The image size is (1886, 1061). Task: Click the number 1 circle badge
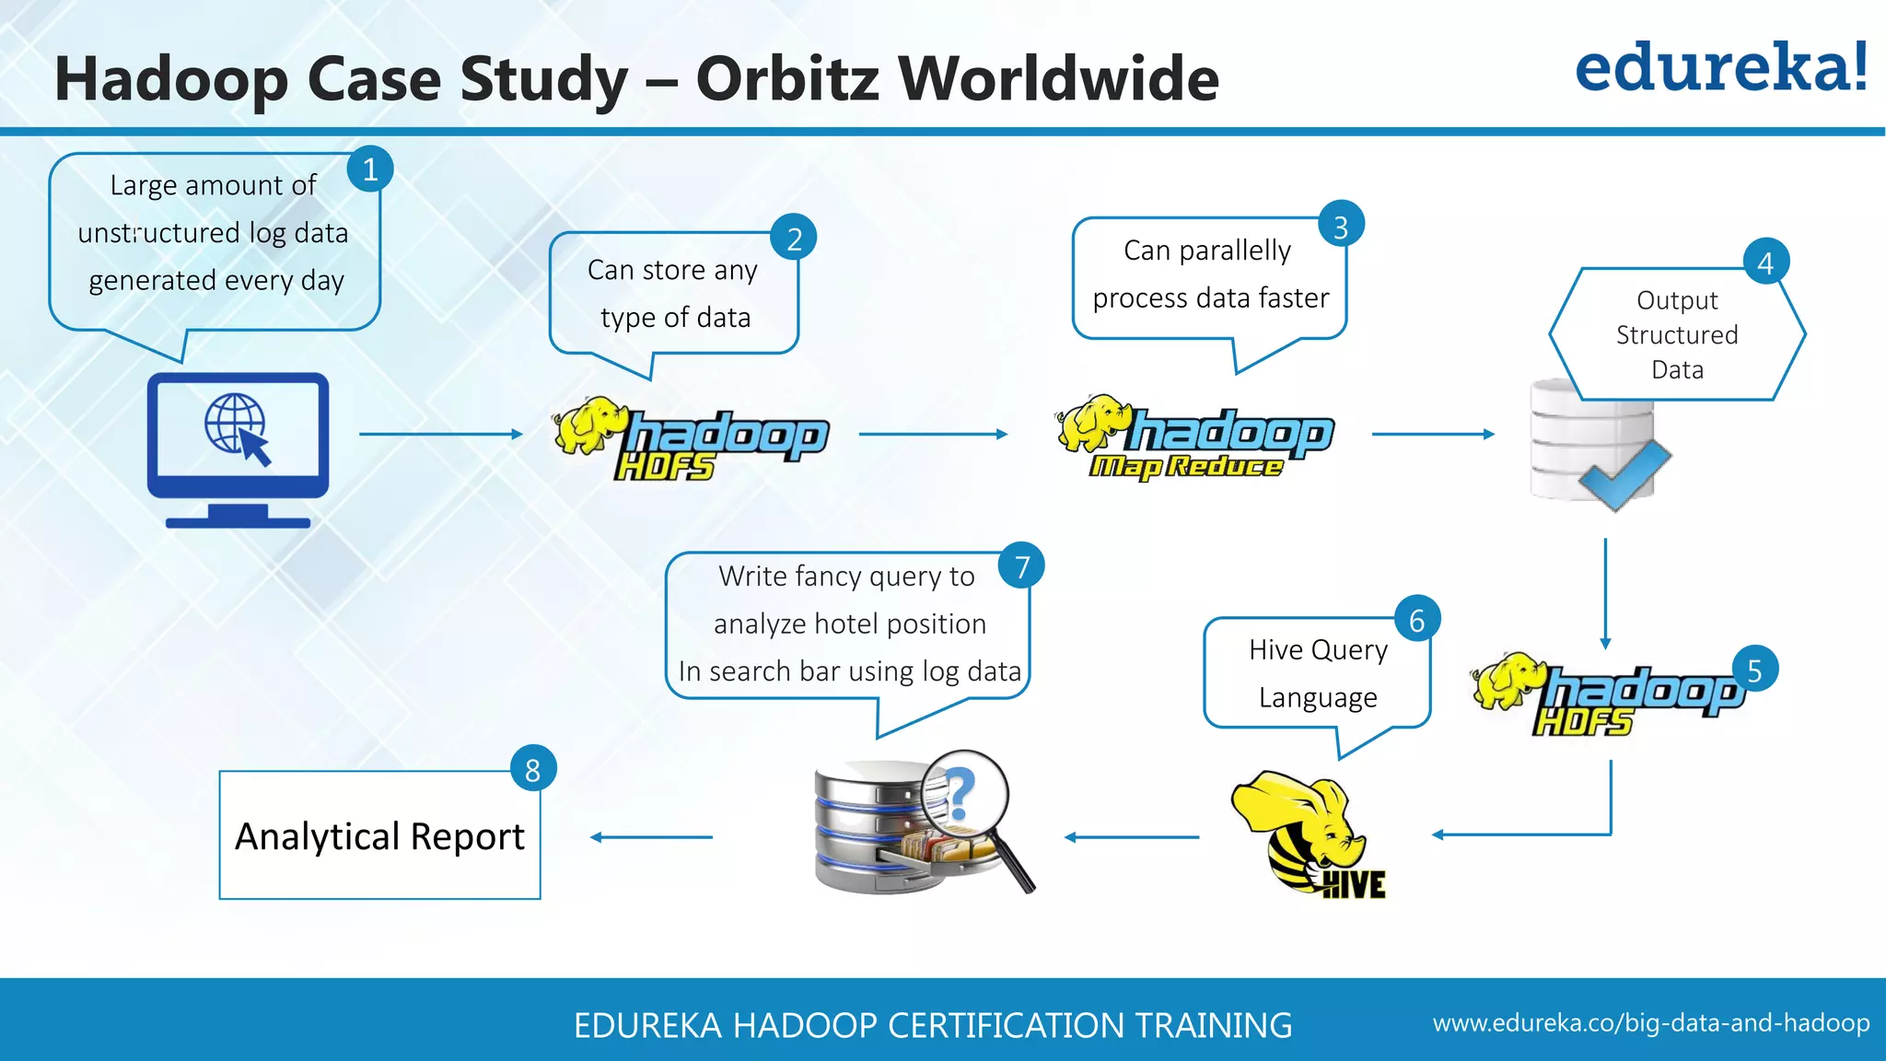[370, 169]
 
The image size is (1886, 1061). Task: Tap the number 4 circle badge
[1765, 263]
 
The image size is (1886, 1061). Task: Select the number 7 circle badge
[1021, 566]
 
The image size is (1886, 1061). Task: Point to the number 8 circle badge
[533, 769]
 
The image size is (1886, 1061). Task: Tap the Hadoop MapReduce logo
[1195, 438]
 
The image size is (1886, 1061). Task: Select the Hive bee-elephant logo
[1307, 834]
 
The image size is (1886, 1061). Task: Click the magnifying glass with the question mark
[967, 797]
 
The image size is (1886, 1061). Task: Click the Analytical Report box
[379, 835]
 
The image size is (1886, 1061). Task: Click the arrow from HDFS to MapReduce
[933, 434]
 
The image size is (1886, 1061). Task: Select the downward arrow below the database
[1605, 594]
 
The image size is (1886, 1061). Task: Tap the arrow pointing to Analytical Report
[651, 837]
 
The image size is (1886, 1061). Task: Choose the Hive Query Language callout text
[1318, 673]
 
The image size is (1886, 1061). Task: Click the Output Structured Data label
[1677, 334]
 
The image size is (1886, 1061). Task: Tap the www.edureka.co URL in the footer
[1650, 1023]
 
